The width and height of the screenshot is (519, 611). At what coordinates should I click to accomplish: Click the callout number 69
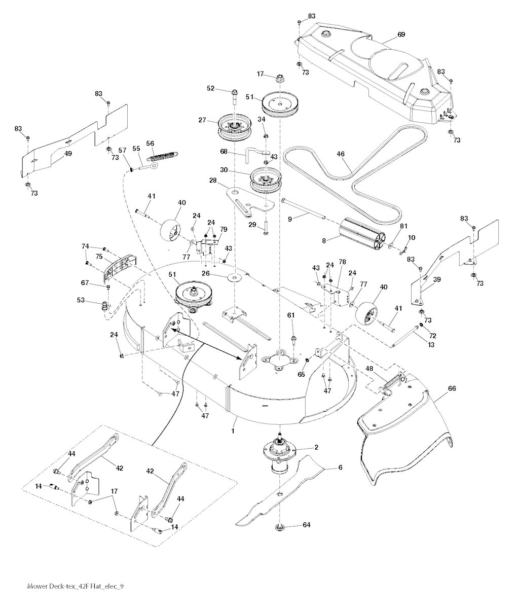[401, 34]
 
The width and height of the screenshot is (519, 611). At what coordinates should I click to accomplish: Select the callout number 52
[210, 88]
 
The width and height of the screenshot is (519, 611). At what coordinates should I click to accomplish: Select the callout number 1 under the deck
[233, 430]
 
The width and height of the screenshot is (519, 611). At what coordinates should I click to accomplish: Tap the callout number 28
[213, 181]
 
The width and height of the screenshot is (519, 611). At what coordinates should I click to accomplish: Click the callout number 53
[81, 301]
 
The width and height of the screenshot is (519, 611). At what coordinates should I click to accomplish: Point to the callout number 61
[290, 315]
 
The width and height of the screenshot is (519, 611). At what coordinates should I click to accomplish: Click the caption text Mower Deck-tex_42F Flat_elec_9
[75, 586]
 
